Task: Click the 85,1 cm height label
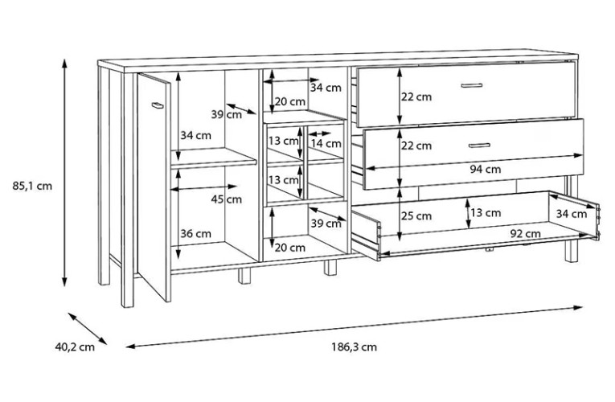tap(32, 186)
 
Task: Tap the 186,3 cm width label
tap(355, 347)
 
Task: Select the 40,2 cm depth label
tap(75, 347)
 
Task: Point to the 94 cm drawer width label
tap(486, 169)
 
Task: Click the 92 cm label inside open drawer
tap(525, 234)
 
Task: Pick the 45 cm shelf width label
tap(227, 199)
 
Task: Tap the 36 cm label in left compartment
tap(195, 233)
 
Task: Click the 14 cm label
tap(326, 144)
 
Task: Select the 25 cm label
tap(416, 215)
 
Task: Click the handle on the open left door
tap(158, 105)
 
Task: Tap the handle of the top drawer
tap(471, 85)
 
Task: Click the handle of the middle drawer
tap(479, 146)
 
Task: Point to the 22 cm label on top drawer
tap(416, 96)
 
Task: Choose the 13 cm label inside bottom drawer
tap(486, 212)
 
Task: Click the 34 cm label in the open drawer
tap(572, 214)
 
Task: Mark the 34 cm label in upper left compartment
tap(195, 135)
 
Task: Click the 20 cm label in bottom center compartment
tap(289, 248)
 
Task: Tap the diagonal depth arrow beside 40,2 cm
tap(88, 329)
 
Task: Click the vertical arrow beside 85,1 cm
tap(65, 173)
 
